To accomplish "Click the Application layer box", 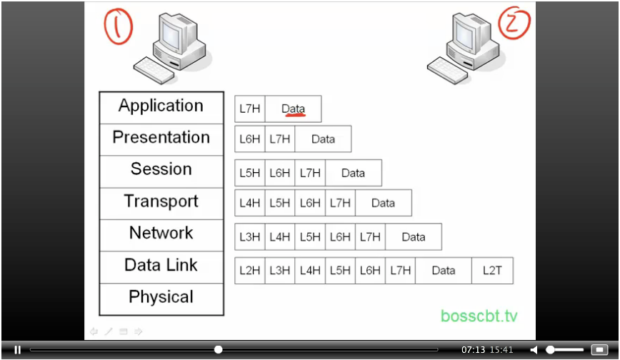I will point(161,106).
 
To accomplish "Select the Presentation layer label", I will point(161,138).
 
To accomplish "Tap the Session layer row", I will point(161,170).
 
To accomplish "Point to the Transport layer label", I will point(161,202).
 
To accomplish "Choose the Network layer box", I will point(161,234).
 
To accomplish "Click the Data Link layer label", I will point(161,266).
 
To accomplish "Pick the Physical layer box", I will point(161,298).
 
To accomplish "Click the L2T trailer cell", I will point(492,271).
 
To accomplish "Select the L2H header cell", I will point(250,271).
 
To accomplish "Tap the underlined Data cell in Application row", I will point(293,109).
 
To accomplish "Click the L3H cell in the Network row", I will point(250,237).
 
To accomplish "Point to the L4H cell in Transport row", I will point(250,203).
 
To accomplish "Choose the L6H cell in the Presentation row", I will point(250,139).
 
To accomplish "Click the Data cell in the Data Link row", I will point(443,271).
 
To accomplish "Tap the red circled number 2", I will point(513,24).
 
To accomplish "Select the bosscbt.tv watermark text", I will point(479,316).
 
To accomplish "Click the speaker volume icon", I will point(534,350).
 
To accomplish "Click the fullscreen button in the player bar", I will point(599,350).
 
